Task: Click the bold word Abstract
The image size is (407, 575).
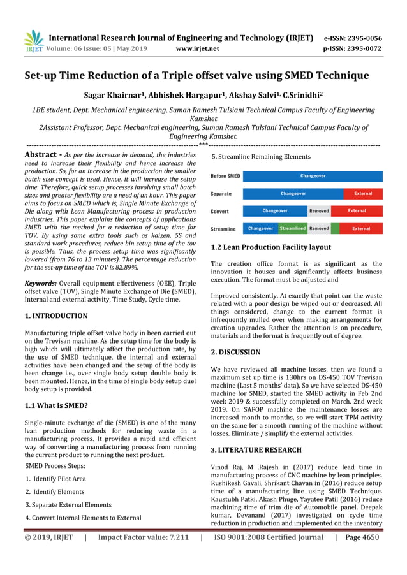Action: click(41, 155)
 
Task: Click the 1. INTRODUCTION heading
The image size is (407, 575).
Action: click(56, 316)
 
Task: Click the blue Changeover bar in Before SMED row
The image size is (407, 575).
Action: click(313, 176)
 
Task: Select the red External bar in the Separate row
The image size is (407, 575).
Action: click(363, 193)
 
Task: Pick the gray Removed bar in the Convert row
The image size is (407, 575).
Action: click(319, 210)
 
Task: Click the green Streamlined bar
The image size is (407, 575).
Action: click(293, 228)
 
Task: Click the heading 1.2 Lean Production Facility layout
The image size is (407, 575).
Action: click(270, 247)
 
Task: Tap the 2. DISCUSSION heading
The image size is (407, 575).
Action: click(235, 352)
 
